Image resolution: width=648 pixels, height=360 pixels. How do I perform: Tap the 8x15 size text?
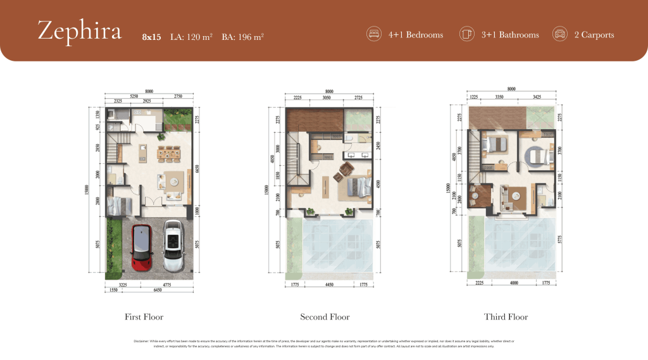152,37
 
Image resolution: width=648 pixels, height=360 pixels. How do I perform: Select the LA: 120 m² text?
191,37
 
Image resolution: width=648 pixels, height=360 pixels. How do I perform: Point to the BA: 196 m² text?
242,37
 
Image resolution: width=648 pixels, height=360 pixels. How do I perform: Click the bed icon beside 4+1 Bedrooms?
374,34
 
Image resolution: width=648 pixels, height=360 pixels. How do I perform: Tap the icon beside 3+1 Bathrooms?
467,34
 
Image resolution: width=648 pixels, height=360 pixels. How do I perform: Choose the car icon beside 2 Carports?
559,34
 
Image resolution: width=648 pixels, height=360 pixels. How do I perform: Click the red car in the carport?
140,246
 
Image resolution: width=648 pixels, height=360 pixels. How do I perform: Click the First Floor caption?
144,316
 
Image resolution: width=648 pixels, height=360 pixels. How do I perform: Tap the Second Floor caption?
325,316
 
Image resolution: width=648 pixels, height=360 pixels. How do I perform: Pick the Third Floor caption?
506,316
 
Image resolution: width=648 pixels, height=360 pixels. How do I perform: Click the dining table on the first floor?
169,152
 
